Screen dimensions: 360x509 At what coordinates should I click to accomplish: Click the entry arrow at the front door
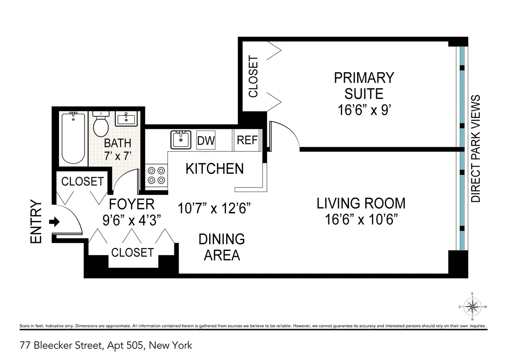tap(55, 222)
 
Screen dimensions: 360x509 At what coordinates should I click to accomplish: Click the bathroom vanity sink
tap(126, 119)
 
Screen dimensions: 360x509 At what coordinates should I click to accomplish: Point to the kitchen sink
tap(181, 140)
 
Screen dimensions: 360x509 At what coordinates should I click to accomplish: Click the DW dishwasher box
tap(206, 140)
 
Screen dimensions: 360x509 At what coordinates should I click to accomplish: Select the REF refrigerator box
tap(247, 140)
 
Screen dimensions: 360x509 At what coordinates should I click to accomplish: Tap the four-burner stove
tap(156, 175)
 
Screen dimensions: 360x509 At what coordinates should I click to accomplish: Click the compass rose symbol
tap(472, 306)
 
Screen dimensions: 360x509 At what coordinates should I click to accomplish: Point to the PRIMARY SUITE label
tap(364, 85)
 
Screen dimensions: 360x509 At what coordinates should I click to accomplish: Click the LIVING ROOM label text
tap(361, 204)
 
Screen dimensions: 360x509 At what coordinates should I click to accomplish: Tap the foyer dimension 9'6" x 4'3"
tap(132, 220)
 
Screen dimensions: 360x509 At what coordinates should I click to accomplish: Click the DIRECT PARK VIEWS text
tap(476, 148)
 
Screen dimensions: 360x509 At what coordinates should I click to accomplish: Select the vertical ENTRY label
tap(36, 222)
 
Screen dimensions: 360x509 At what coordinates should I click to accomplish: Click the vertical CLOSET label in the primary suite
tap(253, 77)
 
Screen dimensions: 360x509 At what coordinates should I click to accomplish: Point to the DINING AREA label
tap(222, 247)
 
